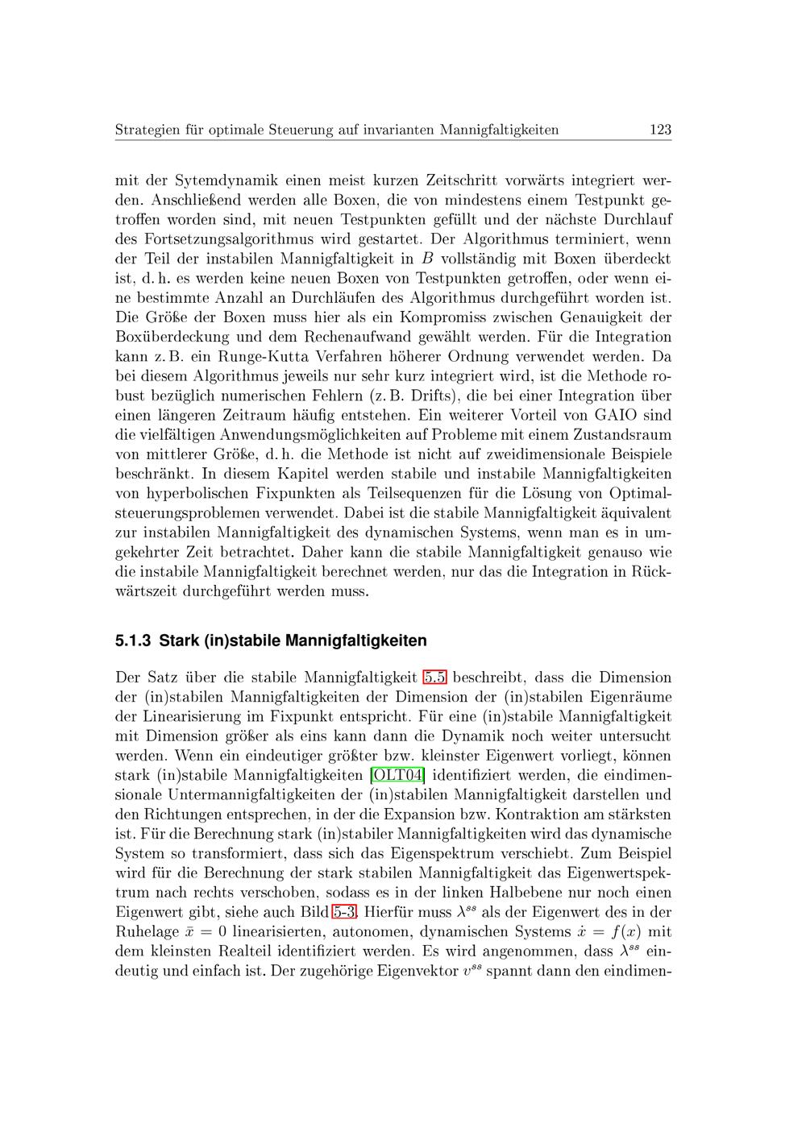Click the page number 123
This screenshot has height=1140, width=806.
(x=659, y=130)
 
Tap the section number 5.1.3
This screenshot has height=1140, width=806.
(x=134, y=641)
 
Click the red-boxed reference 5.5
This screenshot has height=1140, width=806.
(x=435, y=678)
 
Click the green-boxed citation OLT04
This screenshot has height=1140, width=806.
(x=397, y=775)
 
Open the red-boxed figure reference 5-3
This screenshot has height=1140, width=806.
(x=344, y=912)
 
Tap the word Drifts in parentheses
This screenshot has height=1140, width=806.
(x=434, y=396)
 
